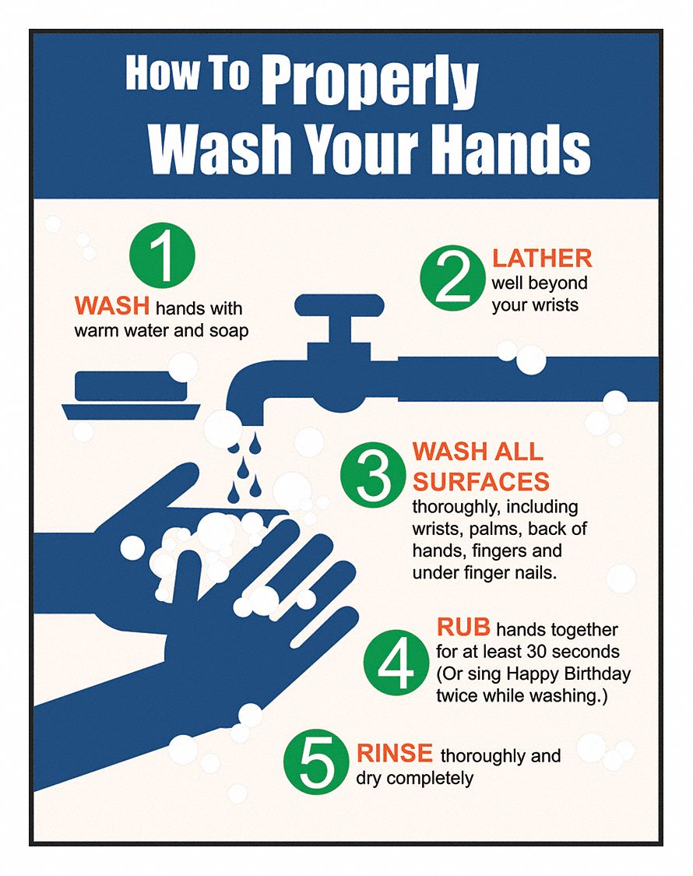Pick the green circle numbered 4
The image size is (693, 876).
(x=396, y=663)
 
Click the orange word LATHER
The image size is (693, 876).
(x=541, y=258)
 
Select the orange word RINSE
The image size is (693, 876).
(x=395, y=753)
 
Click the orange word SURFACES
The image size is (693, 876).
(x=480, y=480)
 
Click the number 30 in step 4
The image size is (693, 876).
(x=531, y=651)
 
